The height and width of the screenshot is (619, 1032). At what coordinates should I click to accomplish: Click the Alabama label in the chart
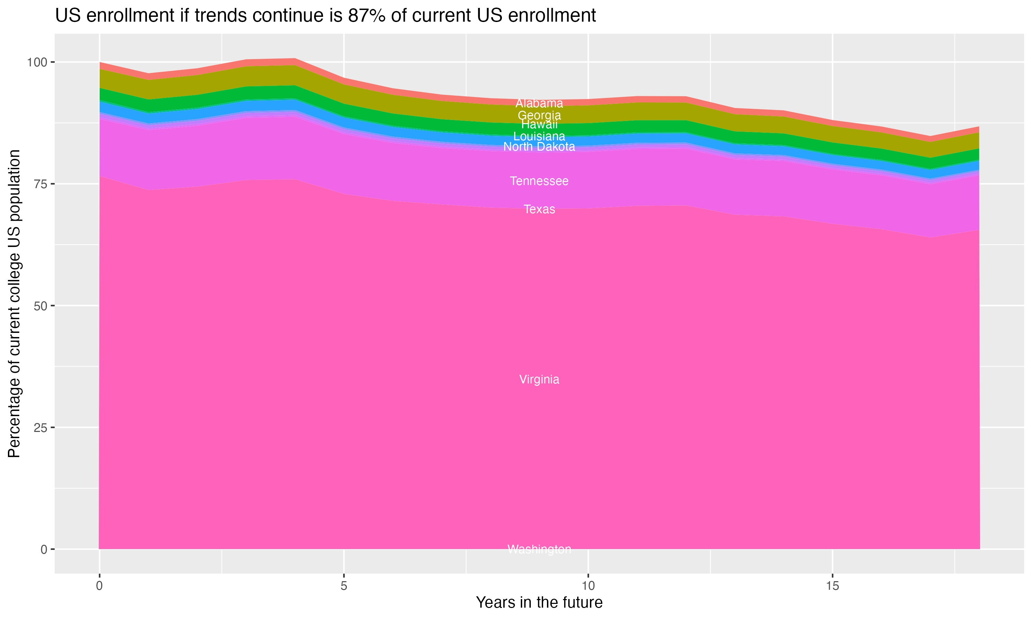click(x=539, y=104)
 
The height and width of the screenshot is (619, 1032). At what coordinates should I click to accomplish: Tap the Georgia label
click(x=539, y=116)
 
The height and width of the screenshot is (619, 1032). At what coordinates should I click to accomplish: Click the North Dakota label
click(x=539, y=147)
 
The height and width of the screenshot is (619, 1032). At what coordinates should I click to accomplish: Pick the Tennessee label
click(x=539, y=181)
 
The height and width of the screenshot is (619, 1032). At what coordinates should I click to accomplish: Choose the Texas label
click(x=539, y=209)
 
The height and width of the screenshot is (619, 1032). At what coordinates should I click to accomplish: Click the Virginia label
click(x=539, y=380)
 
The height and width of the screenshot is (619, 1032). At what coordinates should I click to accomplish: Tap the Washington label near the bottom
click(x=539, y=549)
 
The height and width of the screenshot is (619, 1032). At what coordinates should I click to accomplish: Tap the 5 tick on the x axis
click(x=344, y=586)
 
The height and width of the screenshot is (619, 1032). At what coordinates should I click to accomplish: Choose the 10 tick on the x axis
click(x=588, y=586)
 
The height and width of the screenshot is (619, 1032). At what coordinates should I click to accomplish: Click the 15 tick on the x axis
click(x=832, y=586)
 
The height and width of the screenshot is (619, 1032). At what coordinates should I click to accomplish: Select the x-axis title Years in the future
click(x=539, y=603)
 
